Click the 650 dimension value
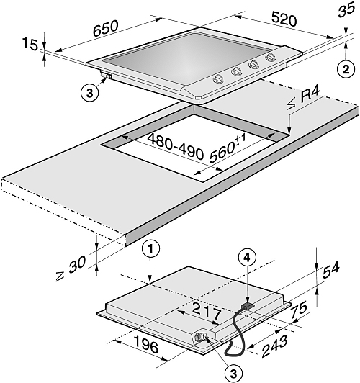point(106,28)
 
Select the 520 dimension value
point(284,19)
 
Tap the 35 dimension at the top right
point(346,10)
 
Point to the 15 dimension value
point(30,44)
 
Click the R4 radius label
point(310,95)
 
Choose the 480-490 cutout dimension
point(175,146)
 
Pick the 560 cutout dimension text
point(227,148)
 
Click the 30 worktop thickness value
point(77,264)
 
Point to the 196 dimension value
point(147,344)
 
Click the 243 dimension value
point(274,346)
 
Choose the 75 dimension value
point(299,310)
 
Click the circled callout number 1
point(151,248)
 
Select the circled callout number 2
point(346,69)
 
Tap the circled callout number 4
point(248,258)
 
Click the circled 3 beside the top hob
point(89,93)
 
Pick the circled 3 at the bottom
point(233,373)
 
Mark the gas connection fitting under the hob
point(202,338)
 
